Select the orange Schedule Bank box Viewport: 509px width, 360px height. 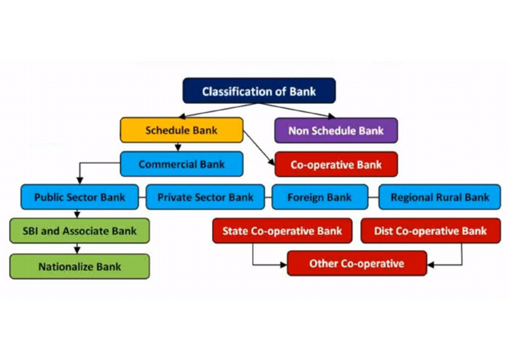coord(181,130)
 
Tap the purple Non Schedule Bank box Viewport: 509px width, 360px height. coord(335,131)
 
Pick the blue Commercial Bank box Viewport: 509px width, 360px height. coord(181,164)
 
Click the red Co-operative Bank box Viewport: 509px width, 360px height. coord(336,164)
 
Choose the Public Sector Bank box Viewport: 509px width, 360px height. coord(79,197)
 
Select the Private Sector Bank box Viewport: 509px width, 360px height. coord(205,197)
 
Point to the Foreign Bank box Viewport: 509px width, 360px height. coord(319,197)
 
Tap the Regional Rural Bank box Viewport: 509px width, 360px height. coord(439,197)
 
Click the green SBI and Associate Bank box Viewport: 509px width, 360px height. coord(79,231)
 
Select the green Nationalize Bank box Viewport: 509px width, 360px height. coord(79,267)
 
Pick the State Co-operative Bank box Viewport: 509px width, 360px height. coord(282,231)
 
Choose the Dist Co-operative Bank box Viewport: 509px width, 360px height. coord(430,231)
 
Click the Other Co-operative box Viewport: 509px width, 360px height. coord(356,264)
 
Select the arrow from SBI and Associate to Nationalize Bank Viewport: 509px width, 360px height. coord(78,248)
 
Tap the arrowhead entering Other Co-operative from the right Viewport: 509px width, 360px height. coord(431,264)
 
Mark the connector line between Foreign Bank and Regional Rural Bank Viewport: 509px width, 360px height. coord(373,197)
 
